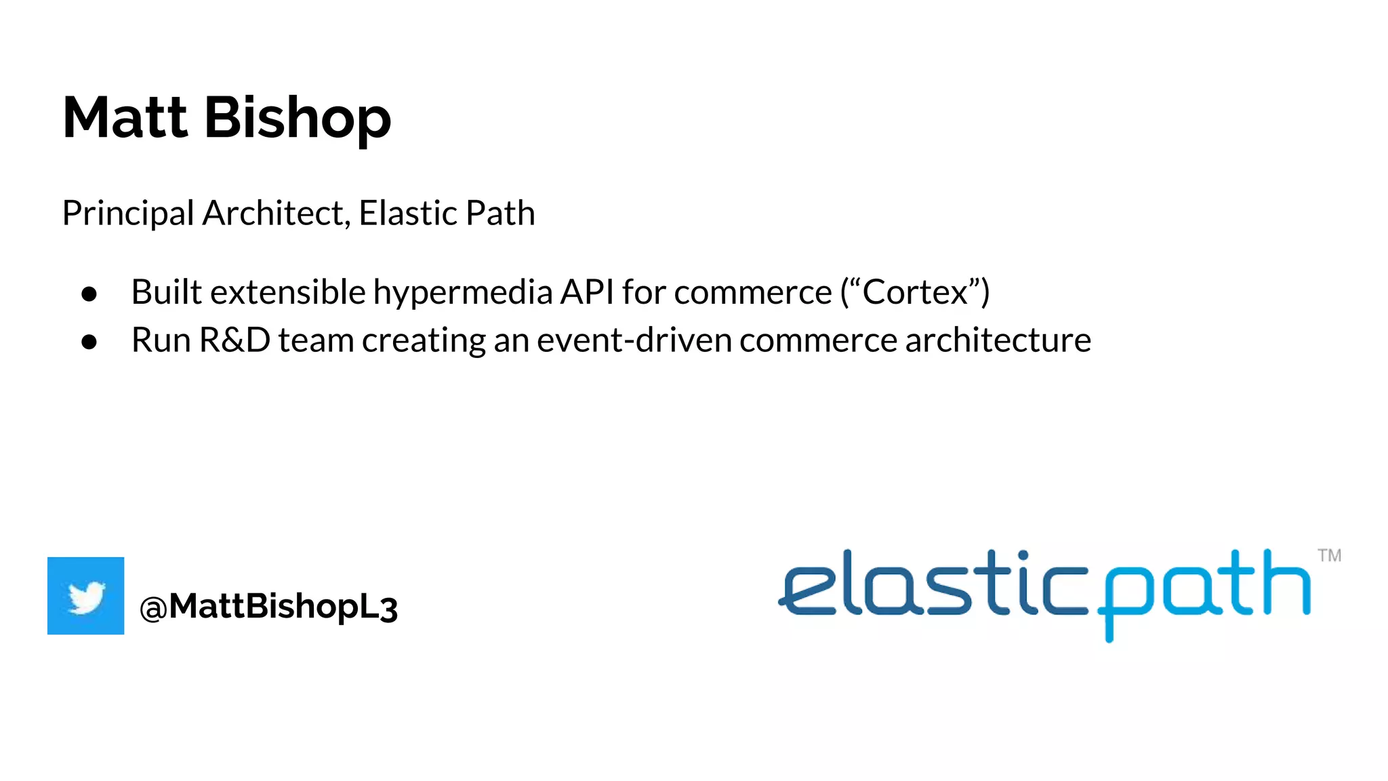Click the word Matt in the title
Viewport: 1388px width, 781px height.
pyautogui.click(x=124, y=118)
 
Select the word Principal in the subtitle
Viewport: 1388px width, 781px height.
pyautogui.click(x=128, y=214)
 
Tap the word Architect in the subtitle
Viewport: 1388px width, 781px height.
pyautogui.click(x=276, y=213)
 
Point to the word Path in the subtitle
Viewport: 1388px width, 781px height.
pyautogui.click(x=500, y=213)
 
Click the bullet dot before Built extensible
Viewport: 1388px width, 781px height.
pyautogui.click(x=89, y=294)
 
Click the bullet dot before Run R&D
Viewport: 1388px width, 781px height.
pyautogui.click(x=89, y=342)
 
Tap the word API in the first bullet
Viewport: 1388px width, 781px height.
pyautogui.click(x=587, y=292)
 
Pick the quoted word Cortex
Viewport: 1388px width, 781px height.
pyautogui.click(x=915, y=292)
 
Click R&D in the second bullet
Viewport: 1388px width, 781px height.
pyautogui.click(x=234, y=340)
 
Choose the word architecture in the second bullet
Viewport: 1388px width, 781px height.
pyautogui.click(x=998, y=340)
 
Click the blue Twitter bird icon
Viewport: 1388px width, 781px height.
pyautogui.click(x=86, y=596)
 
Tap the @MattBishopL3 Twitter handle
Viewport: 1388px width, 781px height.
pyautogui.click(x=268, y=606)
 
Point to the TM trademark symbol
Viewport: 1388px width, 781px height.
pyautogui.click(x=1329, y=556)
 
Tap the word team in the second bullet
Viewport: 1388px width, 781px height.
pyautogui.click(x=316, y=340)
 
